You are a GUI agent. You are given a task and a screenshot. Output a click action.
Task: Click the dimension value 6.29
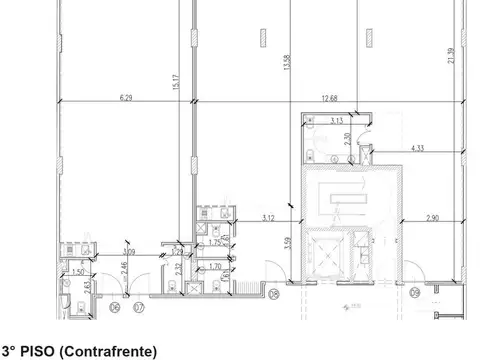125,97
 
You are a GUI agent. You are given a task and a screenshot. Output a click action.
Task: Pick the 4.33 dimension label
418,149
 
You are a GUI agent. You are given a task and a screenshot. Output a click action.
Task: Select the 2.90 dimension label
432,218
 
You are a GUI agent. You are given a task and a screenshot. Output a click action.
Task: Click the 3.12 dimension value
268,218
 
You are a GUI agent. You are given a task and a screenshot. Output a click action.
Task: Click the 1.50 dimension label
77,271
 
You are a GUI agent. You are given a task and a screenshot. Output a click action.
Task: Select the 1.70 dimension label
214,267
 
